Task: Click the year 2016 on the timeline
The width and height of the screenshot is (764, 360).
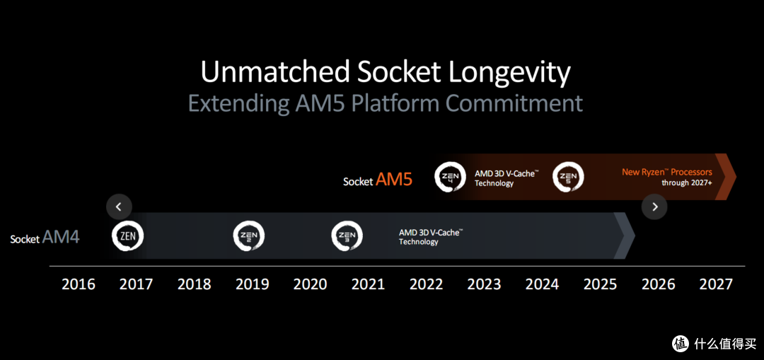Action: click(x=79, y=284)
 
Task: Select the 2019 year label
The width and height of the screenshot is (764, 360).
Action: click(x=253, y=284)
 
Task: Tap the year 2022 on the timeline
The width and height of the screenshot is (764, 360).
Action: click(x=427, y=284)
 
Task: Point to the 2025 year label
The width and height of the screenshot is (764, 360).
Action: click(x=601, y=284)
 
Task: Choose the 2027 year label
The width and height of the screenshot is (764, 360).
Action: click(x=716, y=284)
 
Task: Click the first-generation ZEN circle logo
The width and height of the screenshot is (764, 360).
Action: click(x=127, y=236)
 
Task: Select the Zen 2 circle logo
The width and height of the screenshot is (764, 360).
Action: click(x=248, y=236)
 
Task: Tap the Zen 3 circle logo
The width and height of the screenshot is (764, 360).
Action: click(x=347, y=236)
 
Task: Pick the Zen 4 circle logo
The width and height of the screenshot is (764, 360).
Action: click(x=450, y=177)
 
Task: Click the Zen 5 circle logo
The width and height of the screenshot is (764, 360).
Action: click(x=568, y=177)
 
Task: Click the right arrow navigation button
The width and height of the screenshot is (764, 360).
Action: click(x=654, y=207)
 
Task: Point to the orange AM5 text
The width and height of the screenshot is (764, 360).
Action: click(x=394, y=180)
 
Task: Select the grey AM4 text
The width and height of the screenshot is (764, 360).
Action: click(x=61, y=237)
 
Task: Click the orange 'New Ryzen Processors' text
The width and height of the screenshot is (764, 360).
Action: click(x=667, y=172)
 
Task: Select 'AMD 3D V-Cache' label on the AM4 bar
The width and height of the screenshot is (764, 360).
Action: click(x=431, y=233)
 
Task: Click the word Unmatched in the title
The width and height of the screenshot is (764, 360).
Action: click(x=275, y=72)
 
